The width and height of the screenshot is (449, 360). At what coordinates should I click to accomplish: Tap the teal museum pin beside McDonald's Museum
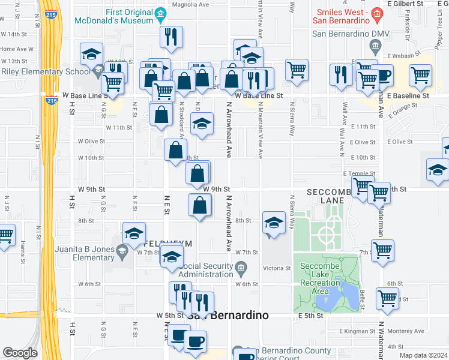point(160,13)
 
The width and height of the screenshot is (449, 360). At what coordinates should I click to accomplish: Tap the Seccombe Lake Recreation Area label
point(328,281)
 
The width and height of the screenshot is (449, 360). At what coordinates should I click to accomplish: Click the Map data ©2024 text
point(423,355)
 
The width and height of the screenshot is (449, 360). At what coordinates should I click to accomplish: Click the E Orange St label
point(402,111)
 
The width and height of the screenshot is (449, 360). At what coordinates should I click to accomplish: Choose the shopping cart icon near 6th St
point(387,297)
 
